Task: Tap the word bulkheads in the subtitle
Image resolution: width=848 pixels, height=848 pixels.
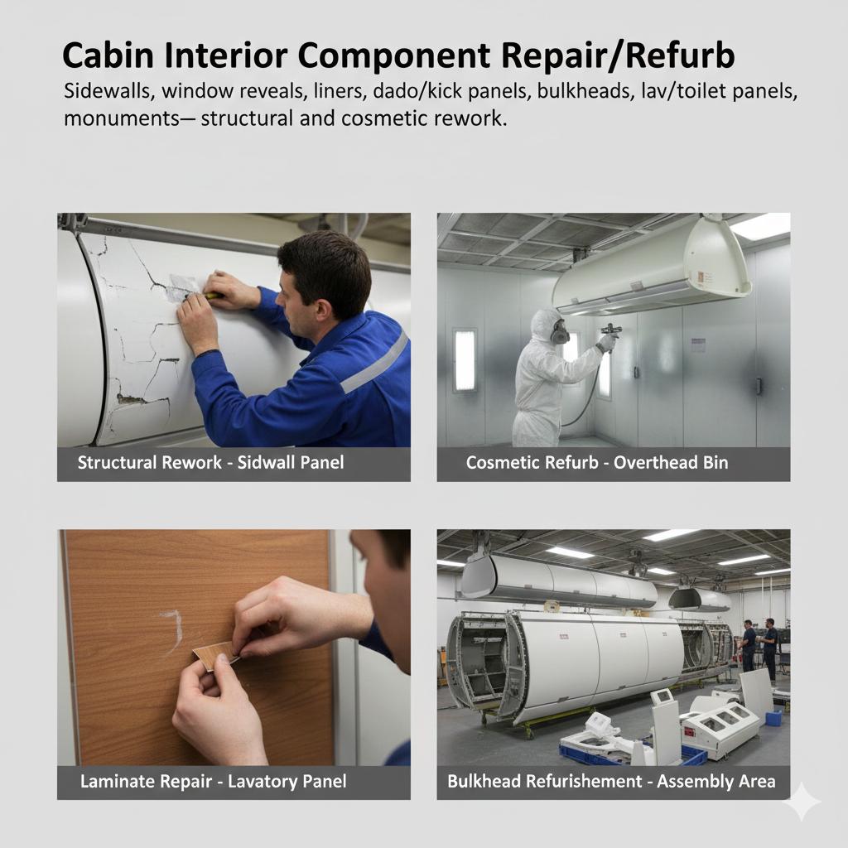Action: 585,91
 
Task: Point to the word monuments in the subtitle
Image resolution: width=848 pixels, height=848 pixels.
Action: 121,118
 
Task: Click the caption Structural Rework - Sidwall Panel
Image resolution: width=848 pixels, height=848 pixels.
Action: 210,462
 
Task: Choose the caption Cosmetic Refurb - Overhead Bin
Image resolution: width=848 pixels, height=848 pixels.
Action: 597,462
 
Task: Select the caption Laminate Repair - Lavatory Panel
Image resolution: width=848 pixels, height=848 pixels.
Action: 213,782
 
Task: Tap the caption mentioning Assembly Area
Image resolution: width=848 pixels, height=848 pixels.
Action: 611,782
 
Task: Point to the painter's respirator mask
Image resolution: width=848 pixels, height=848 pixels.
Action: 560,331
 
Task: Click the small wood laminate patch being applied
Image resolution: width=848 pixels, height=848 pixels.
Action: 214,655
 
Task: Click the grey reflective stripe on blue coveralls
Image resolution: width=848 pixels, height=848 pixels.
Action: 375,362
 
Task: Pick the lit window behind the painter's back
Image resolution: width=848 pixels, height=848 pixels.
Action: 465,359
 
